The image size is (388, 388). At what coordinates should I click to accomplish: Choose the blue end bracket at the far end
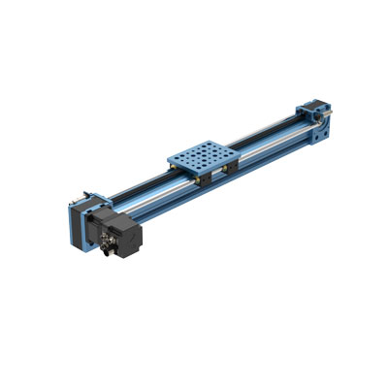tap(320, 118)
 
